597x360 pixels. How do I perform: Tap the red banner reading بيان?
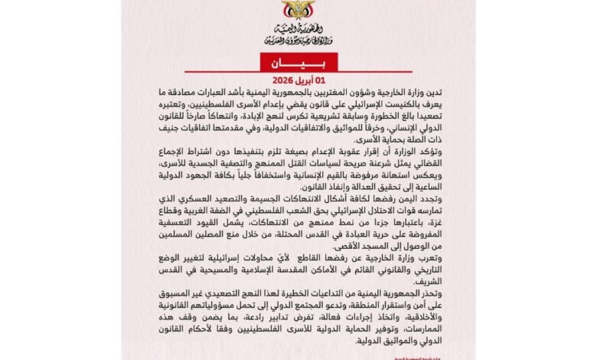click(298, 61)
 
